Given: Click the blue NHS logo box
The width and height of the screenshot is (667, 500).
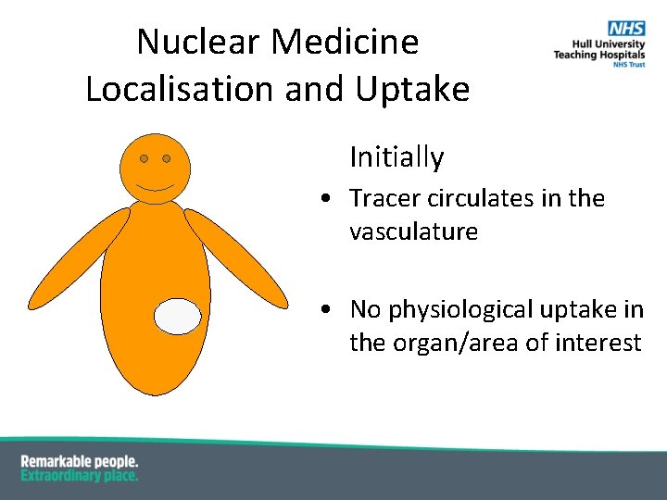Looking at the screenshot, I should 628,30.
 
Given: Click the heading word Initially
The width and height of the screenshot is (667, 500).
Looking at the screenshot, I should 396,157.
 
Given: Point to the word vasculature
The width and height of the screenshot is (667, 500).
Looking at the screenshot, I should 413,231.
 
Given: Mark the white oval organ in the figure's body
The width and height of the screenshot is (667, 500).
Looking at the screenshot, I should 177,317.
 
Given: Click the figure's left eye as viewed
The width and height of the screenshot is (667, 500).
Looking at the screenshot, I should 144,158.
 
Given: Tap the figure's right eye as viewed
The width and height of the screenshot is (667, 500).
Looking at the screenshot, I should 167,158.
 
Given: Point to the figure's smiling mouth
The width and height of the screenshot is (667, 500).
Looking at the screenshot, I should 155,186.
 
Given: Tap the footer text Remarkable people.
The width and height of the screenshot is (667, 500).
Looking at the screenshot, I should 80,460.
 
